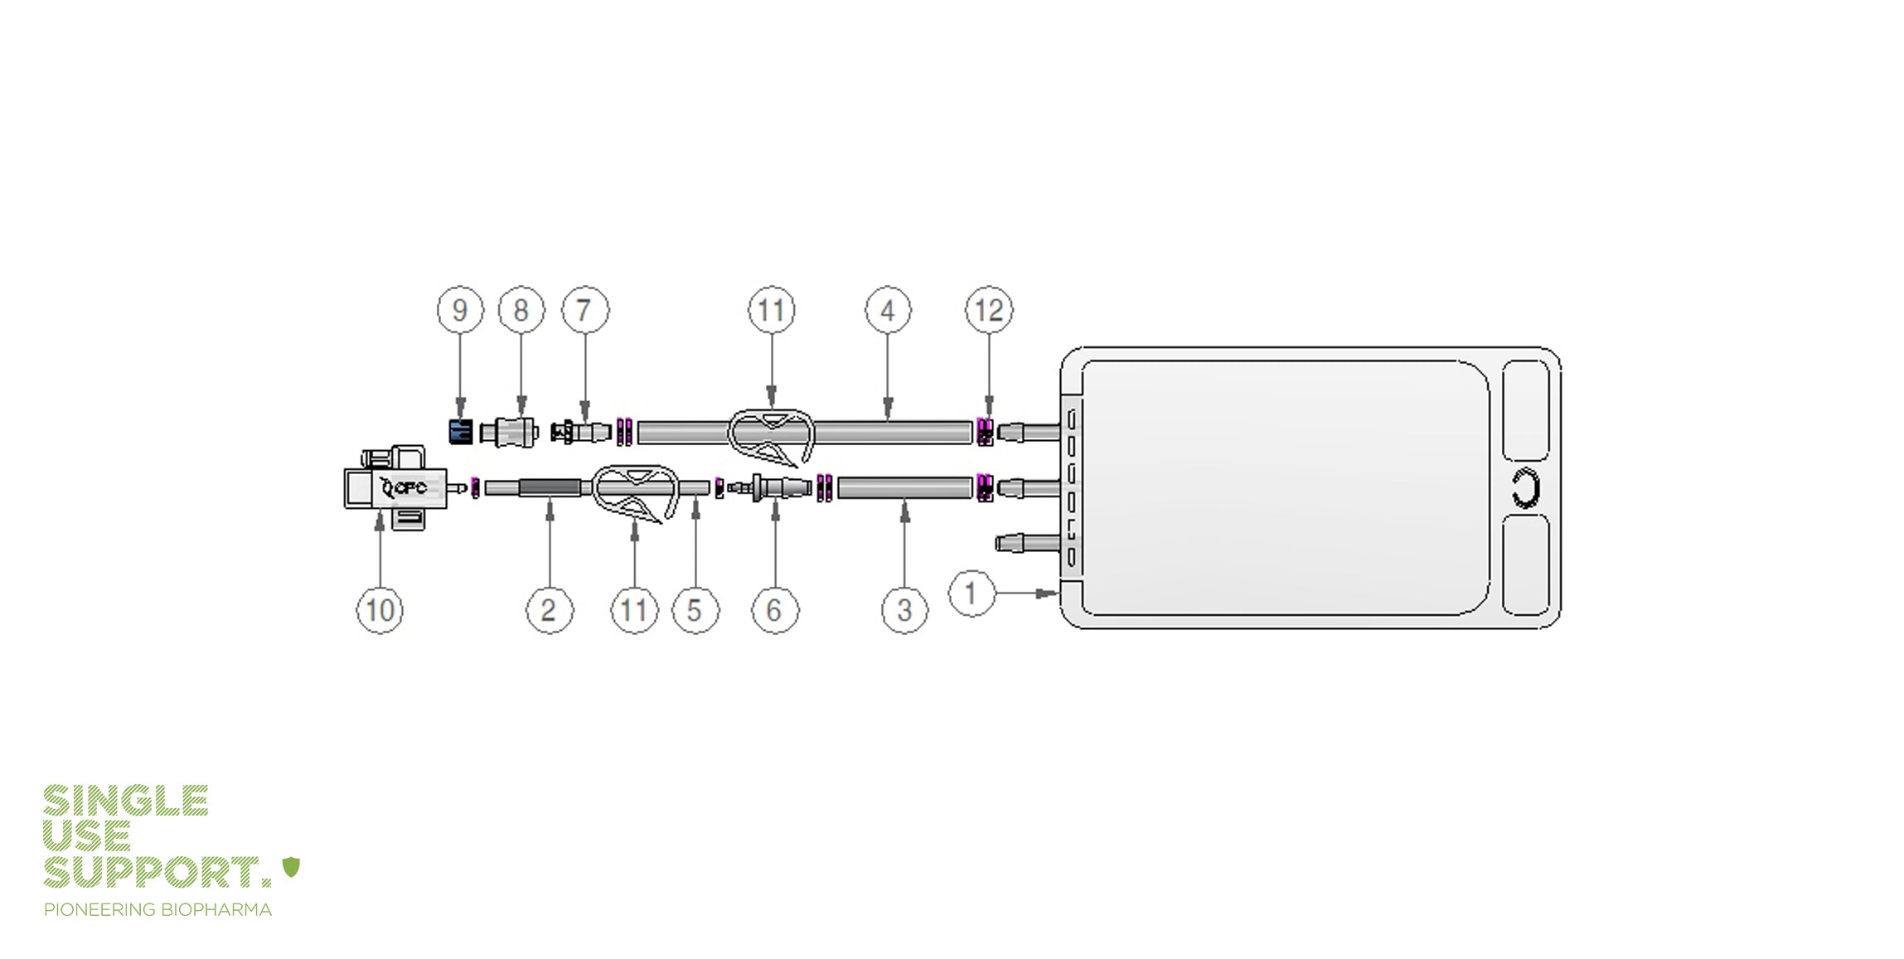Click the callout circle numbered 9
pos(460,310)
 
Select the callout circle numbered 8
pos(521,310)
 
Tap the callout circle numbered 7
pos(585,310)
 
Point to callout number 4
pos(888,310)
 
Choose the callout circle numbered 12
pos(988,310)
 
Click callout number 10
pos(380,611)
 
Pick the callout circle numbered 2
pos(549,611)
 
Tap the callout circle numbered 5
pos(695,611)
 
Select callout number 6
pos(774,611)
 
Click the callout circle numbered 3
pos(904,611)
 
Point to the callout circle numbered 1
pos(971,593)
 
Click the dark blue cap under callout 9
pos(461,432)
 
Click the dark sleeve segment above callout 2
pos(550,487)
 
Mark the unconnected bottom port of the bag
pos(1027,544)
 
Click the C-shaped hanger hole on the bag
pos(1525,488)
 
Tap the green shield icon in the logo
pos(291,867)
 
